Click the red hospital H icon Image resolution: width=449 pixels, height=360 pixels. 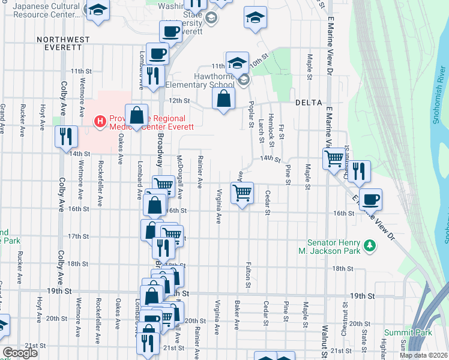[x=100, y=121]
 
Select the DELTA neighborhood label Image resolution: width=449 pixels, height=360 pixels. [x=310, y=103]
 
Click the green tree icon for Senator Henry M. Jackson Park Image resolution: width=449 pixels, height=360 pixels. [x=370, y=245]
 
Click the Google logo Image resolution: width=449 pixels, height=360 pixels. [x=19, y=353]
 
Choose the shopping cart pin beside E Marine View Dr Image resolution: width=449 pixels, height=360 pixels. [x=334, y=159]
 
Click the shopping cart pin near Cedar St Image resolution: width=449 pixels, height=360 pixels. [x=242, y=193]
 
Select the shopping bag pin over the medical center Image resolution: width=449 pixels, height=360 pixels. [x=137, y=116]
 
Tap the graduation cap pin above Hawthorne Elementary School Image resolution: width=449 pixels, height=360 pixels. [x=237, y=62]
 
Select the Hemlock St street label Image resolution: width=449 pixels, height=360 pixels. [x=271, y=126]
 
